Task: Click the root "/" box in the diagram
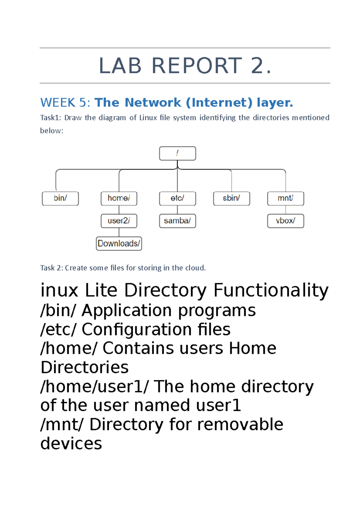177,153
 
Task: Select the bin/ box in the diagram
60,198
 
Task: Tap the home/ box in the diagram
119,198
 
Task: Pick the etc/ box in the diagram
177,198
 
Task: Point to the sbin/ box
231,198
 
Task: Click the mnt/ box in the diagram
286,198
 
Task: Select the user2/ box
119,221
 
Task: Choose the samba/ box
177,221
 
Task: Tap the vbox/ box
286,221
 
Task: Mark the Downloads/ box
119,243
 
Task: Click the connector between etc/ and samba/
177,210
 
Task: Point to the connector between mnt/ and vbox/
286,210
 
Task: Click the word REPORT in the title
197,66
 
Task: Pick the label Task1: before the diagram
50,118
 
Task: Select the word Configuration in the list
136,329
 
